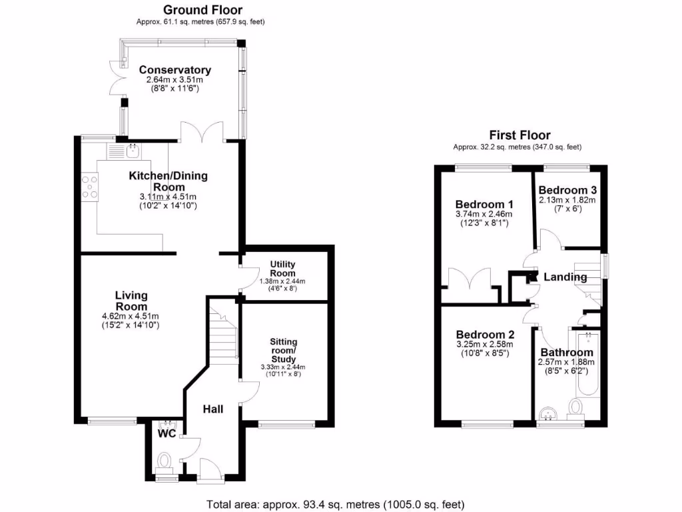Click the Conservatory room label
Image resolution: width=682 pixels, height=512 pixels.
click(x=174, y=70)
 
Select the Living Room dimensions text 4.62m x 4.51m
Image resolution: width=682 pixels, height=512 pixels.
click(x=131, y=316)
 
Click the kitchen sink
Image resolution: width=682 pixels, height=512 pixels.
click(x=133, y=151)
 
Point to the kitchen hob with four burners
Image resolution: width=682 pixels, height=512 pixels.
click(x=89, y=186)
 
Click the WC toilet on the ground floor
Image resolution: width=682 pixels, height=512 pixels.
click(x=165, y=460)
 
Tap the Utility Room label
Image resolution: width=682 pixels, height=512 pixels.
click(x=282, y=269)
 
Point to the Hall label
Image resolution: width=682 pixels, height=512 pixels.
click(x=212, y=409)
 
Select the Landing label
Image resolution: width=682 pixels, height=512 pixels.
click(x=565, y=277)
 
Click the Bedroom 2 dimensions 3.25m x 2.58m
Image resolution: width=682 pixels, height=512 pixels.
click(x=482, y=345)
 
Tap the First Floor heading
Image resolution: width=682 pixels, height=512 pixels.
click(x=519, y=135)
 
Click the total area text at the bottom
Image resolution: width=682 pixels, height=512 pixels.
click(x=336, y=504)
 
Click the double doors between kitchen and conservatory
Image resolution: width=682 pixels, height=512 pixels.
click(x=202, y=131)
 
